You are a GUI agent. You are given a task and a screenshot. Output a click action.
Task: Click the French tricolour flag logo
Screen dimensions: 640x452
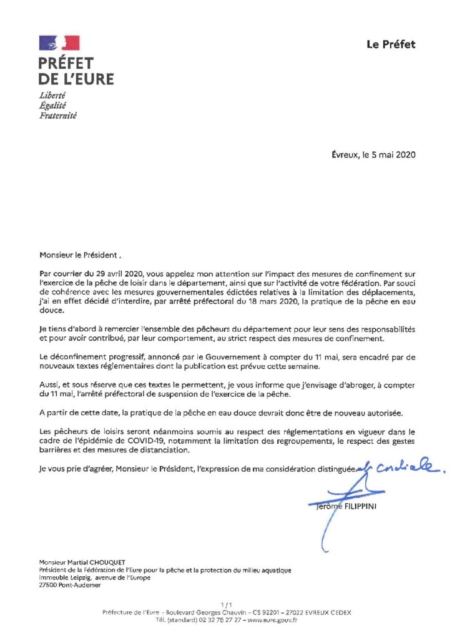pyautogui.click(x=59, y=43)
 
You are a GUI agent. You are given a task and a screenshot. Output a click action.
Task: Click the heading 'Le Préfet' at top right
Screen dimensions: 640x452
pyautogui.click(x=390, y=44)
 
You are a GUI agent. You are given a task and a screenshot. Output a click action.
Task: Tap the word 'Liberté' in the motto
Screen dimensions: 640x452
pyautogui.click(x=52, y=95)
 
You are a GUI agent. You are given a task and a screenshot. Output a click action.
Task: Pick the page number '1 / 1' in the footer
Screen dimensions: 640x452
pyautogui.click(x=226, y=604)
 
